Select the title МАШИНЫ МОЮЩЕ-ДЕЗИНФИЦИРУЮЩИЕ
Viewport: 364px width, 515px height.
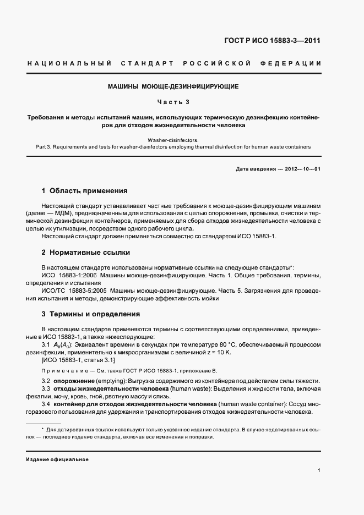(x=173, y=87)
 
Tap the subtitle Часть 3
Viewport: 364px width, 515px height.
(x=173, y=102)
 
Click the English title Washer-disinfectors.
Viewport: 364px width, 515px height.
(x=173, y=140)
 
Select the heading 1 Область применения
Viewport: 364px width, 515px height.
(x=84, y=191)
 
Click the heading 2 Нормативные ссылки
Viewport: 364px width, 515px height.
(x=86, y=253)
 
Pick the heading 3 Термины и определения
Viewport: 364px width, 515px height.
(x=91, y=314)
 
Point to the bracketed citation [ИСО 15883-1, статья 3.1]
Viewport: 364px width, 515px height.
(x=78, y=360)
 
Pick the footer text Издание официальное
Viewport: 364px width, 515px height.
(x=57, y=459)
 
